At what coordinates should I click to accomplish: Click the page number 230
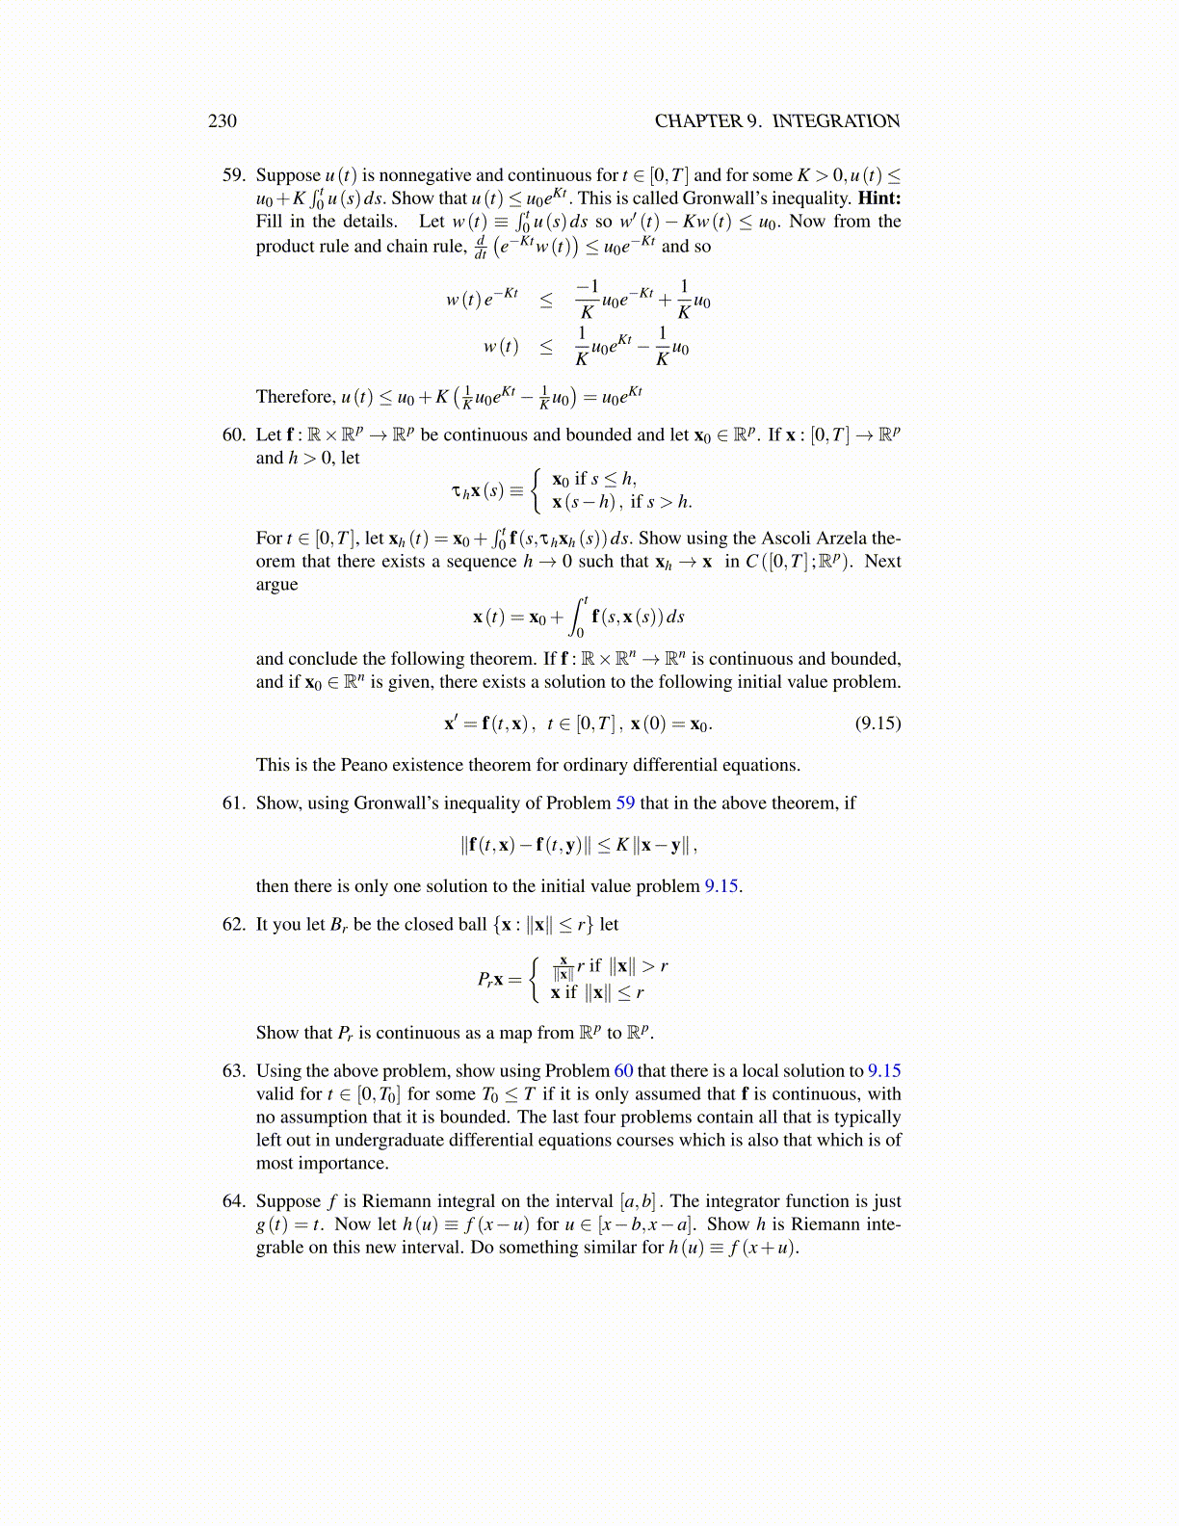click(x=223, y=120)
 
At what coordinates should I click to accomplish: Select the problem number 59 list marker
click(x=233, y=175)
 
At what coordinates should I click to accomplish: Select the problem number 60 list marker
click(x=233, y=434)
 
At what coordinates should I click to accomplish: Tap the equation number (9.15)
click(x=878, y=723)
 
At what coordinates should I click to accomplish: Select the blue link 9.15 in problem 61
click(x=722, y=886)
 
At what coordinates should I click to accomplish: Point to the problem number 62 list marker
click(x=233, y=924)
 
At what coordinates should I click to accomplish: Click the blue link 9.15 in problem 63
click(x=884, y=1070)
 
